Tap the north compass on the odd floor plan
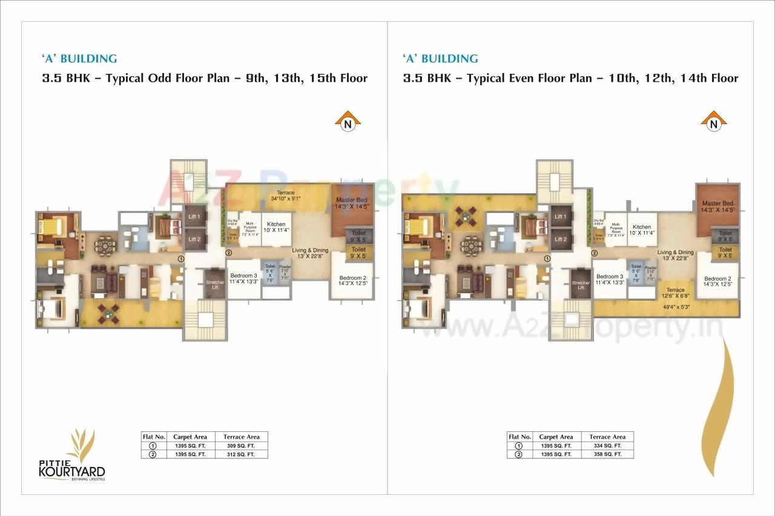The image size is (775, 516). coord(348,122)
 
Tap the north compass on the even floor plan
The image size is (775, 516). coord(713,122)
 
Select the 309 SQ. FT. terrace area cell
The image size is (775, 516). coord(242,445)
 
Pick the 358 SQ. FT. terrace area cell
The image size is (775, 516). coord(607,454)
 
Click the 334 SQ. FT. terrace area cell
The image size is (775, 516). coord(607,445)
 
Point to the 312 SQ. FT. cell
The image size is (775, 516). coord(242,454)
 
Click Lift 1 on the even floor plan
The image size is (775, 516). coord(561,217)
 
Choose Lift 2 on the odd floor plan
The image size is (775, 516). coord(194,239)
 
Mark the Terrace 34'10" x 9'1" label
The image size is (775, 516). coord(285,195)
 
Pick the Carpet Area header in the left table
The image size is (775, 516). coord(190,437)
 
